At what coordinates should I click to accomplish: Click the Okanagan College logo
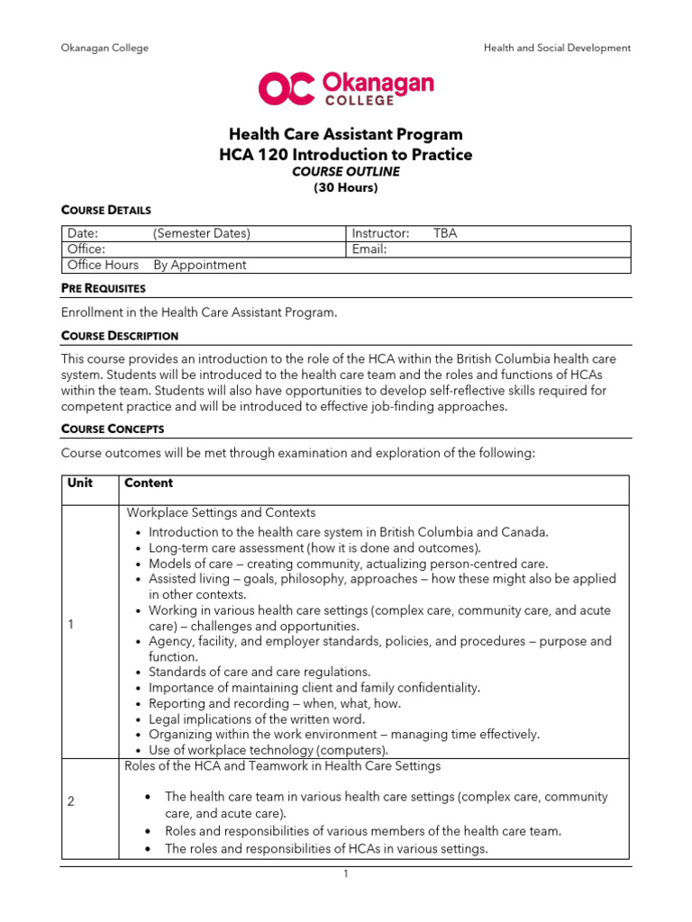346,86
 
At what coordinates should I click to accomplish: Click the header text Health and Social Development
557,48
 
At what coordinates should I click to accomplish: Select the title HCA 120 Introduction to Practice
346,155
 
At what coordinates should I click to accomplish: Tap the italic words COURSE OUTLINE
346,172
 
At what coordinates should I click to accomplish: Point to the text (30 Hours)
346,188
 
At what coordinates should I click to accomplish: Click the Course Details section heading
100,210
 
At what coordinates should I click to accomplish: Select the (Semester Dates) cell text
202,233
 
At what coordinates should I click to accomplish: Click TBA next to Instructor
445,233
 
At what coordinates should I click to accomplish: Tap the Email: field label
369,249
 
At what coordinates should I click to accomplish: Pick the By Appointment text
199,265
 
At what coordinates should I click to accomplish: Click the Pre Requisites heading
103,288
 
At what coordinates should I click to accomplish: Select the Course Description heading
119,336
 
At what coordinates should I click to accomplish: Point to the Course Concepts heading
113,429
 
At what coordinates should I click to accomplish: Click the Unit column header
80,484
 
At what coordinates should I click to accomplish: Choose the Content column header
149,484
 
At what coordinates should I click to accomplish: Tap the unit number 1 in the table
71,627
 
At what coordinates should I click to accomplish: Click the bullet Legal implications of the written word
256,719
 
